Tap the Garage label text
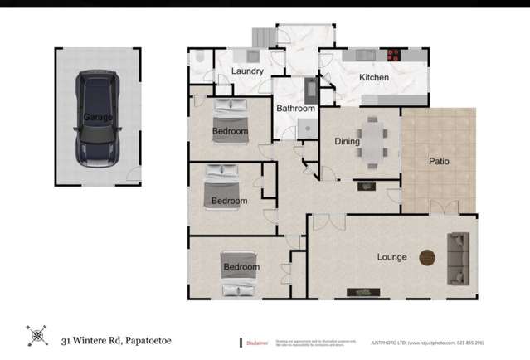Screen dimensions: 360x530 click(x=98, y=118)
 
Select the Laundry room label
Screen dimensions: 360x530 click(x=247, y=71)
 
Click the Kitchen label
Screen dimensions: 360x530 click(x=373, y=78)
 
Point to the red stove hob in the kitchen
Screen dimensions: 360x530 click(x=393, y=56)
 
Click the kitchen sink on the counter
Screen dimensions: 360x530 click(x=362, y=56)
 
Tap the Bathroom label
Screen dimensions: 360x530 click(x=295, y=109)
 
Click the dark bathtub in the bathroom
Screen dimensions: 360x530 click(x=309, y=89)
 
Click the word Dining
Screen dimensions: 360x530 click(x=347, y=141)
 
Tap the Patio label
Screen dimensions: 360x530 click(x=439, y=161)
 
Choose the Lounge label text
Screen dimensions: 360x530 click(x=392, y=257)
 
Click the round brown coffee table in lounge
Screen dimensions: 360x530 click(x=427, y=256)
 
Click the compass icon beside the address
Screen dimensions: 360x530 click(x=37, y=336)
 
